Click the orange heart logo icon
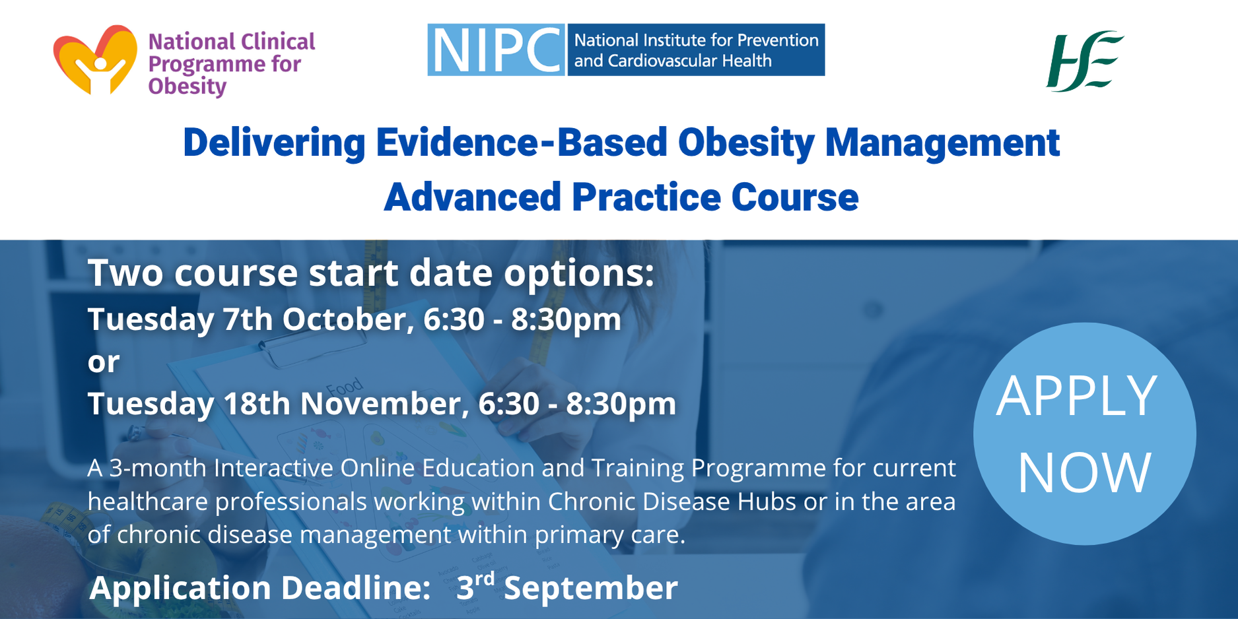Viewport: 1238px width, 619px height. pos(95,59)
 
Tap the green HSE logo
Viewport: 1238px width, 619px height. pos(1085,61)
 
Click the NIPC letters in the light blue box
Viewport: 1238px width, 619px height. pos(496,50)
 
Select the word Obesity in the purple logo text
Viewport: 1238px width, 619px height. pos(188,86)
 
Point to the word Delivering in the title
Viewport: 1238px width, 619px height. pos(274,143)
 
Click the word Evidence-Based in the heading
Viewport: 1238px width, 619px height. pos(522,143)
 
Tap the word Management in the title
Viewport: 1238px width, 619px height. pos(942,143)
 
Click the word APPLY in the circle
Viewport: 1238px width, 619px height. pos(1077,396)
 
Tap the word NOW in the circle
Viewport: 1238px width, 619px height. pos(1085,472)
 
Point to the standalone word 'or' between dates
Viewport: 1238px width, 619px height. pos(104,362)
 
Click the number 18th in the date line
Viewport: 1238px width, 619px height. pos(257,403)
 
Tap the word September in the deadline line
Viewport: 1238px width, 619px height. pos(591,588)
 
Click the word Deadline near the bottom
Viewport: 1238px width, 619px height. pos(357,588)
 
